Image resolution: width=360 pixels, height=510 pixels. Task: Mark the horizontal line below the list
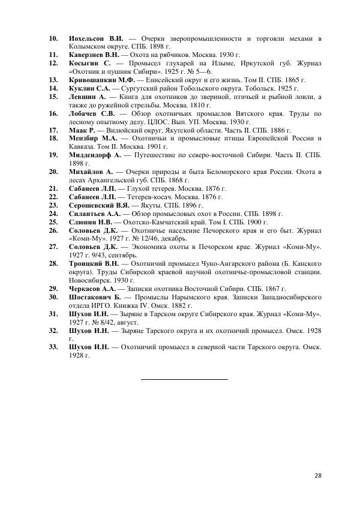coord(185,379)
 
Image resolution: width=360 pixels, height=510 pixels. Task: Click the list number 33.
coord(54,347)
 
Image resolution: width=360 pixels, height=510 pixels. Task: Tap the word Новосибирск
coord(93,280)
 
